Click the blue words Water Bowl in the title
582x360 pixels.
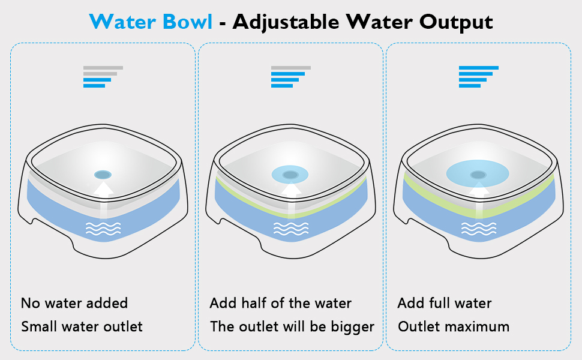click(151, 22)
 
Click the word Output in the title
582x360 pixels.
click(455, 22)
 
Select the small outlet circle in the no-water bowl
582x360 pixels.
click(103, 175)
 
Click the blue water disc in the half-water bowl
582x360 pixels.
click(290, 175)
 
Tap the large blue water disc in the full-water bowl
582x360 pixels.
click(478, 174)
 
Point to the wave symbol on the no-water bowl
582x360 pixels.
click(103, 228)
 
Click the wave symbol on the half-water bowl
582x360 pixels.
click(290, 228)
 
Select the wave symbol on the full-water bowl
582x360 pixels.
click(478, 228)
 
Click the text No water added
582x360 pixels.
click(74, 303)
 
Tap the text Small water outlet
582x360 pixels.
click(82, 327)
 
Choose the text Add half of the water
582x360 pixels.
click(280, 303)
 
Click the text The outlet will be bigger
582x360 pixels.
click(292, 327)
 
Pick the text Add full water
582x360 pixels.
click(444, 303)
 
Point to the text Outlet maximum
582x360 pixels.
click(453, 327)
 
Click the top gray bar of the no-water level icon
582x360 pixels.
click(103, 68)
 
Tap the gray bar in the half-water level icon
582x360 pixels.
click(291, 68)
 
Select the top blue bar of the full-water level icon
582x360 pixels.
click(479, 68)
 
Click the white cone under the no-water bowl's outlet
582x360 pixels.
click(103, 190)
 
